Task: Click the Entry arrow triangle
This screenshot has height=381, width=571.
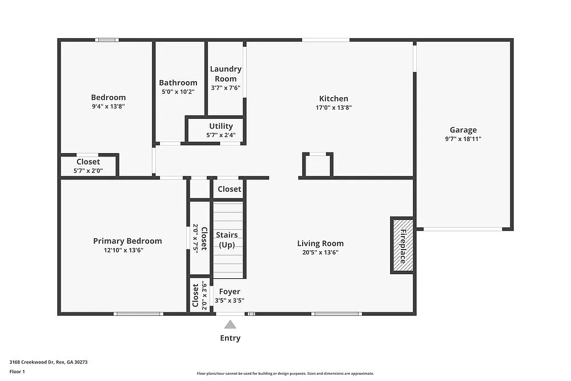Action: [230, 324]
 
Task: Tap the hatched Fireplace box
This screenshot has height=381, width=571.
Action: [402, 245]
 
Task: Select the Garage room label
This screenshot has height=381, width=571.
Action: [463, 130]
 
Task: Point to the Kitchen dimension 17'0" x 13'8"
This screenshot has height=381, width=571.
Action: [333, 107]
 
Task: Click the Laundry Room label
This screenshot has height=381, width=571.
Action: [226, 74]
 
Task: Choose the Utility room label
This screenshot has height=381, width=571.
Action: [221, 126]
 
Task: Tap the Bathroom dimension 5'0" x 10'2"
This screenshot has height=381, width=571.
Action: [178, 91]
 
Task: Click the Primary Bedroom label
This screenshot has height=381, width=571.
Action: [127, 241]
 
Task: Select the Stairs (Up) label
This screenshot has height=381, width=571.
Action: [227, 240]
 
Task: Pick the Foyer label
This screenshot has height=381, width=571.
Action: [230, 292]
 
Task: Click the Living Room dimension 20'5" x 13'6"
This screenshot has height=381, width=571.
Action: [320, 252]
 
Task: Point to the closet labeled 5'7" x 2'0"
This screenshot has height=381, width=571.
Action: [88, 166]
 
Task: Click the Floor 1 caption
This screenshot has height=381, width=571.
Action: [17, 371]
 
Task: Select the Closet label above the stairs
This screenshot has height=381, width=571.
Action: [229, 189]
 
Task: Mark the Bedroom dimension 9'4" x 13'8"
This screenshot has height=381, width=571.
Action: [108, 106]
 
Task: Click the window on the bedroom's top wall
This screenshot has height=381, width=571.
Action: [107, 40]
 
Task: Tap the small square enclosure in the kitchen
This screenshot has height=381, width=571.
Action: [317, 165]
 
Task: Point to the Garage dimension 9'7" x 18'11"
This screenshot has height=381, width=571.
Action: [463, 139]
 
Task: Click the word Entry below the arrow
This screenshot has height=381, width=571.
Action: [230, 338]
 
